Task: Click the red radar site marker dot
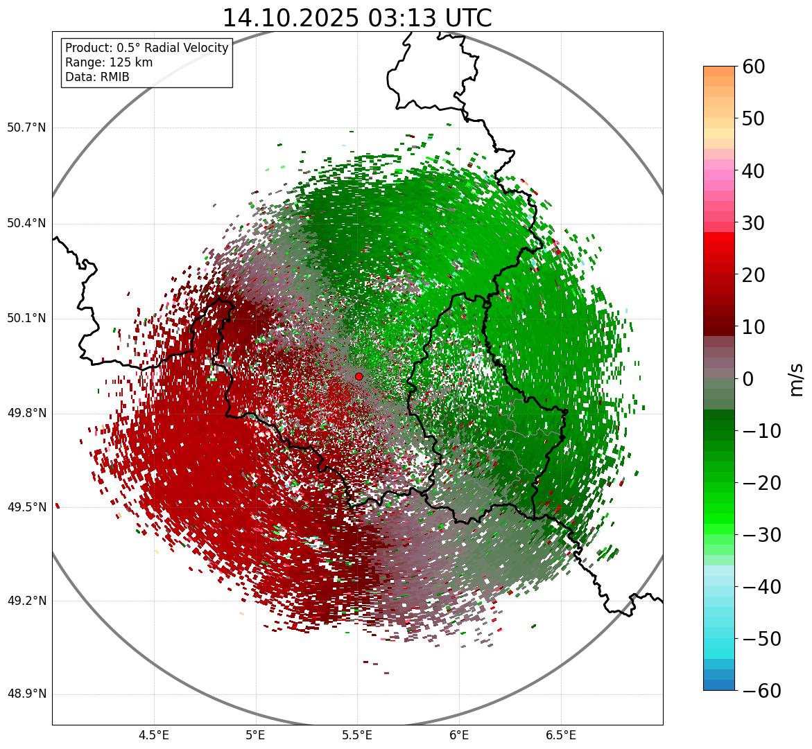point(359,376)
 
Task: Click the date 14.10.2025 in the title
point(291,18)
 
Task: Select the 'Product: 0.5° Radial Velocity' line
point(146,48)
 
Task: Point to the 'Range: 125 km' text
point(109,62)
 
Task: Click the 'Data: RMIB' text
point(97,77)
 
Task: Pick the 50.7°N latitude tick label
point(26,127)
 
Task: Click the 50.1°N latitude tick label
point(26,319)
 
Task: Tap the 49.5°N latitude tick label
point(26,507)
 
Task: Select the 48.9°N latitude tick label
point(26,694)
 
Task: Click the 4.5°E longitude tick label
point(154,735)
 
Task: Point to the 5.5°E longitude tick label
point(357,735)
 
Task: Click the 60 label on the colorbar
point(754,67)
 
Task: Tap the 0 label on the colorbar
point(748,379)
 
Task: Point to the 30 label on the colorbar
point(754,223)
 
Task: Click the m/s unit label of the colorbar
point(797,379)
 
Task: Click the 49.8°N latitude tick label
point(26,414)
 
